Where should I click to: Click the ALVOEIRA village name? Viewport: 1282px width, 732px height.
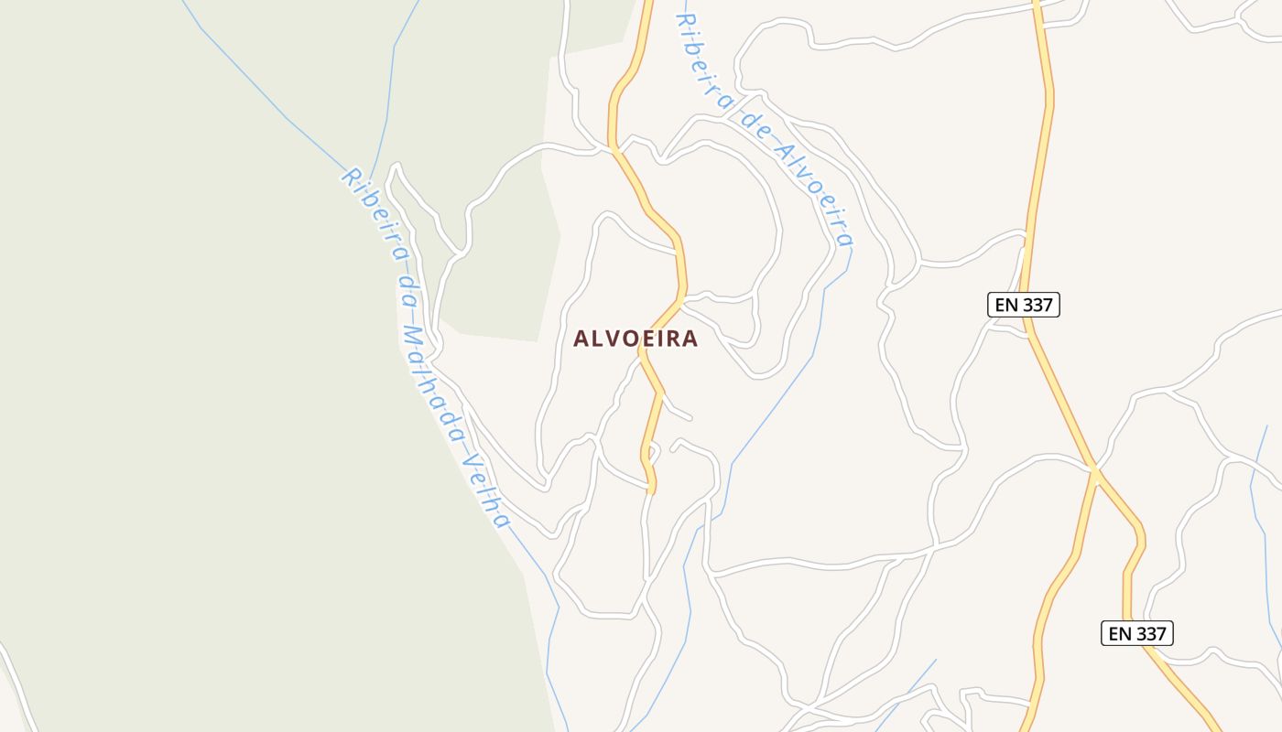pos(636,339)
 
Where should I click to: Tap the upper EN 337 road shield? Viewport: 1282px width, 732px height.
pos(1023,305)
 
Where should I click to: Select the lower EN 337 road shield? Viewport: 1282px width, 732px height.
pos(1136,633)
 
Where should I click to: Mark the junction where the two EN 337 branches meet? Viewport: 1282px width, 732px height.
pos(1095,470)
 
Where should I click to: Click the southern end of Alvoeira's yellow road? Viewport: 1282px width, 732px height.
pos(652,491)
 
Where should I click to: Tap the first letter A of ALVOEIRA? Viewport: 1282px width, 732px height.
pos(581,339)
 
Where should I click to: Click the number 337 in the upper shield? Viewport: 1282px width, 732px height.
pos(1036,305)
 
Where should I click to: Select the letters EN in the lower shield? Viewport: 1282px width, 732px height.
pos(1119,633)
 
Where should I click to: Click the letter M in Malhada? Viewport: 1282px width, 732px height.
pos(413,337)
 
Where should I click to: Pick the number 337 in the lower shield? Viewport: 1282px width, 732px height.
pos(1149,633)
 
